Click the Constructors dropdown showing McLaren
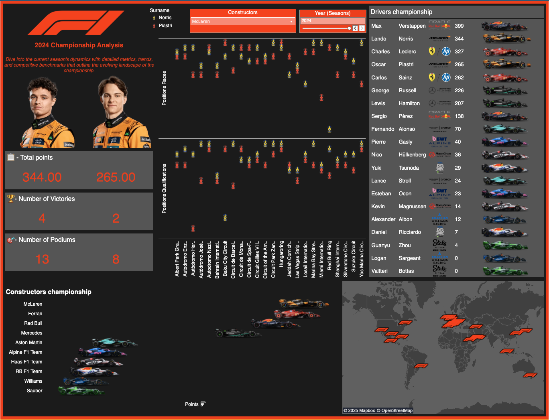click(242, 21)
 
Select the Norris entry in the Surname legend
click(165, 18)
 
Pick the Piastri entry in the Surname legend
click(165, 26)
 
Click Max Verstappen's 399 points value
click(459, 26)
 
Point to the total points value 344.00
click(42, 177)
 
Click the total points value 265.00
click(116, 177)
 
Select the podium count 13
click(42, 259)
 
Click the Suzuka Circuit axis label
click(354, 257)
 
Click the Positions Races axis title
click(164, 88)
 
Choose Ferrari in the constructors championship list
click(35, 314)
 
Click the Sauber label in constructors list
click(35, 391)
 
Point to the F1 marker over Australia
click(530, 375)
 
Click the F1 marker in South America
click(421, 366)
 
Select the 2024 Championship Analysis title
click(79, 45)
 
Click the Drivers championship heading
click(401, 12)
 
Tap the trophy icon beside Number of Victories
click(10, 198)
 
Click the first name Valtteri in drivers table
click(379, 271)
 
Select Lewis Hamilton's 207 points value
click(459, 103)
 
